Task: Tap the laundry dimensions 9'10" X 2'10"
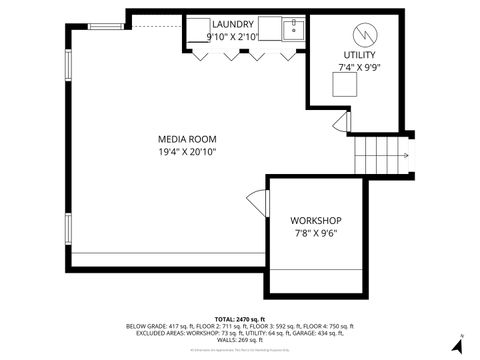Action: (x=232, y=36)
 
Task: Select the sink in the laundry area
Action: (x=291, y=28)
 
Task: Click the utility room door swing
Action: (x=343, y=124)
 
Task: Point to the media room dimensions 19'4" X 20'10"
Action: (x=187, y=151)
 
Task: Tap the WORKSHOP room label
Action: (x=316, y=220)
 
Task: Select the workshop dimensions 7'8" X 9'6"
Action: (x=316, y=233)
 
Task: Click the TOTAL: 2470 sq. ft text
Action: (x=239, y=317)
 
